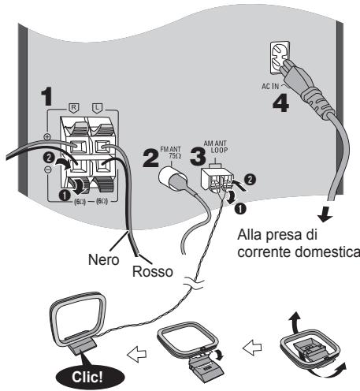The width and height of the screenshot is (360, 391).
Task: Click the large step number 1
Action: [x=48, y=96]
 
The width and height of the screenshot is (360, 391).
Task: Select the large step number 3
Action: [x=198, y=156]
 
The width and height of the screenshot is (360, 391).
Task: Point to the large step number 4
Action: [x=280, y=103]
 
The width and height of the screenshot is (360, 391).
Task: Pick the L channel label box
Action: [x=98, y=107]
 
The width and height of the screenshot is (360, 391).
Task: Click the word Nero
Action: [x=103, y=260]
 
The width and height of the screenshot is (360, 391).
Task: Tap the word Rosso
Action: [x=153, y=271]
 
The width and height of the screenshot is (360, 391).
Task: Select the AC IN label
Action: [x=270, y=86]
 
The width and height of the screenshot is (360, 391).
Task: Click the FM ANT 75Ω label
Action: [x=171, y=152]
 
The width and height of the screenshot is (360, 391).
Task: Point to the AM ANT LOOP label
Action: [x=216, y=147]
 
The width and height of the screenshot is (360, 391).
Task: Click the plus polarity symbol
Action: [x=47, y=136]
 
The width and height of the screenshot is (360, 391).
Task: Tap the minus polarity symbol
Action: [x=47, y=169]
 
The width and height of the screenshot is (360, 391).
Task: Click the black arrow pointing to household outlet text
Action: [x=325, y=214]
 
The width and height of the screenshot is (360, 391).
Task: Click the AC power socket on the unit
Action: [x=280, y=57]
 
